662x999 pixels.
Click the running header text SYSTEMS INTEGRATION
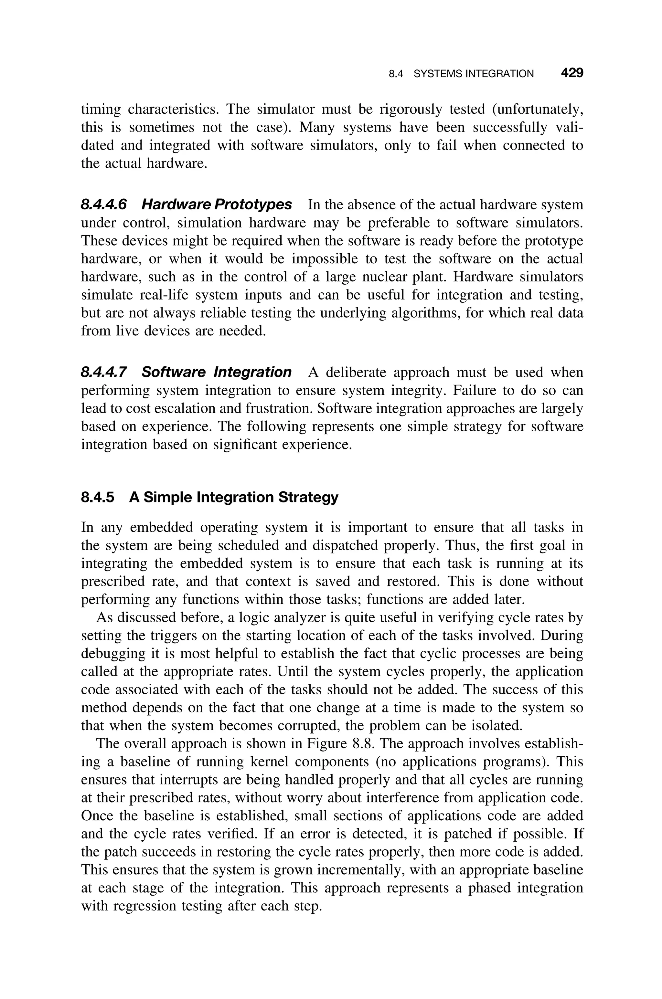473,74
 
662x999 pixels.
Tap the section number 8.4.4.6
103,205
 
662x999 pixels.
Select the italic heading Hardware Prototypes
216,205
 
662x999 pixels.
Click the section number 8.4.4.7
103,372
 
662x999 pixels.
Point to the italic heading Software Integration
216,372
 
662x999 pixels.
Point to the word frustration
280,409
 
